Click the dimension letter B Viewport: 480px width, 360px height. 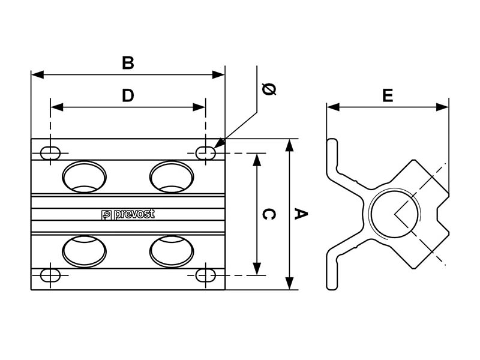[127, 63]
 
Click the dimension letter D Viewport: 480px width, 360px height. [128, 95]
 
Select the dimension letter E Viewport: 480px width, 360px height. [388, 95]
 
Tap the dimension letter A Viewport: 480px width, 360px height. [301, 214]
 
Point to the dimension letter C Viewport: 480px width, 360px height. [269, 214]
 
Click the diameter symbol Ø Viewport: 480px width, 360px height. [269, 89]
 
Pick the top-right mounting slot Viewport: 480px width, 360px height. [206, 153]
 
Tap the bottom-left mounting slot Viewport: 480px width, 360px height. [50, 275]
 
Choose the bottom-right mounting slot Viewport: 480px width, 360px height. [206, 275]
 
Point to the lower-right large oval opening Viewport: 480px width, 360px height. [172, 251]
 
